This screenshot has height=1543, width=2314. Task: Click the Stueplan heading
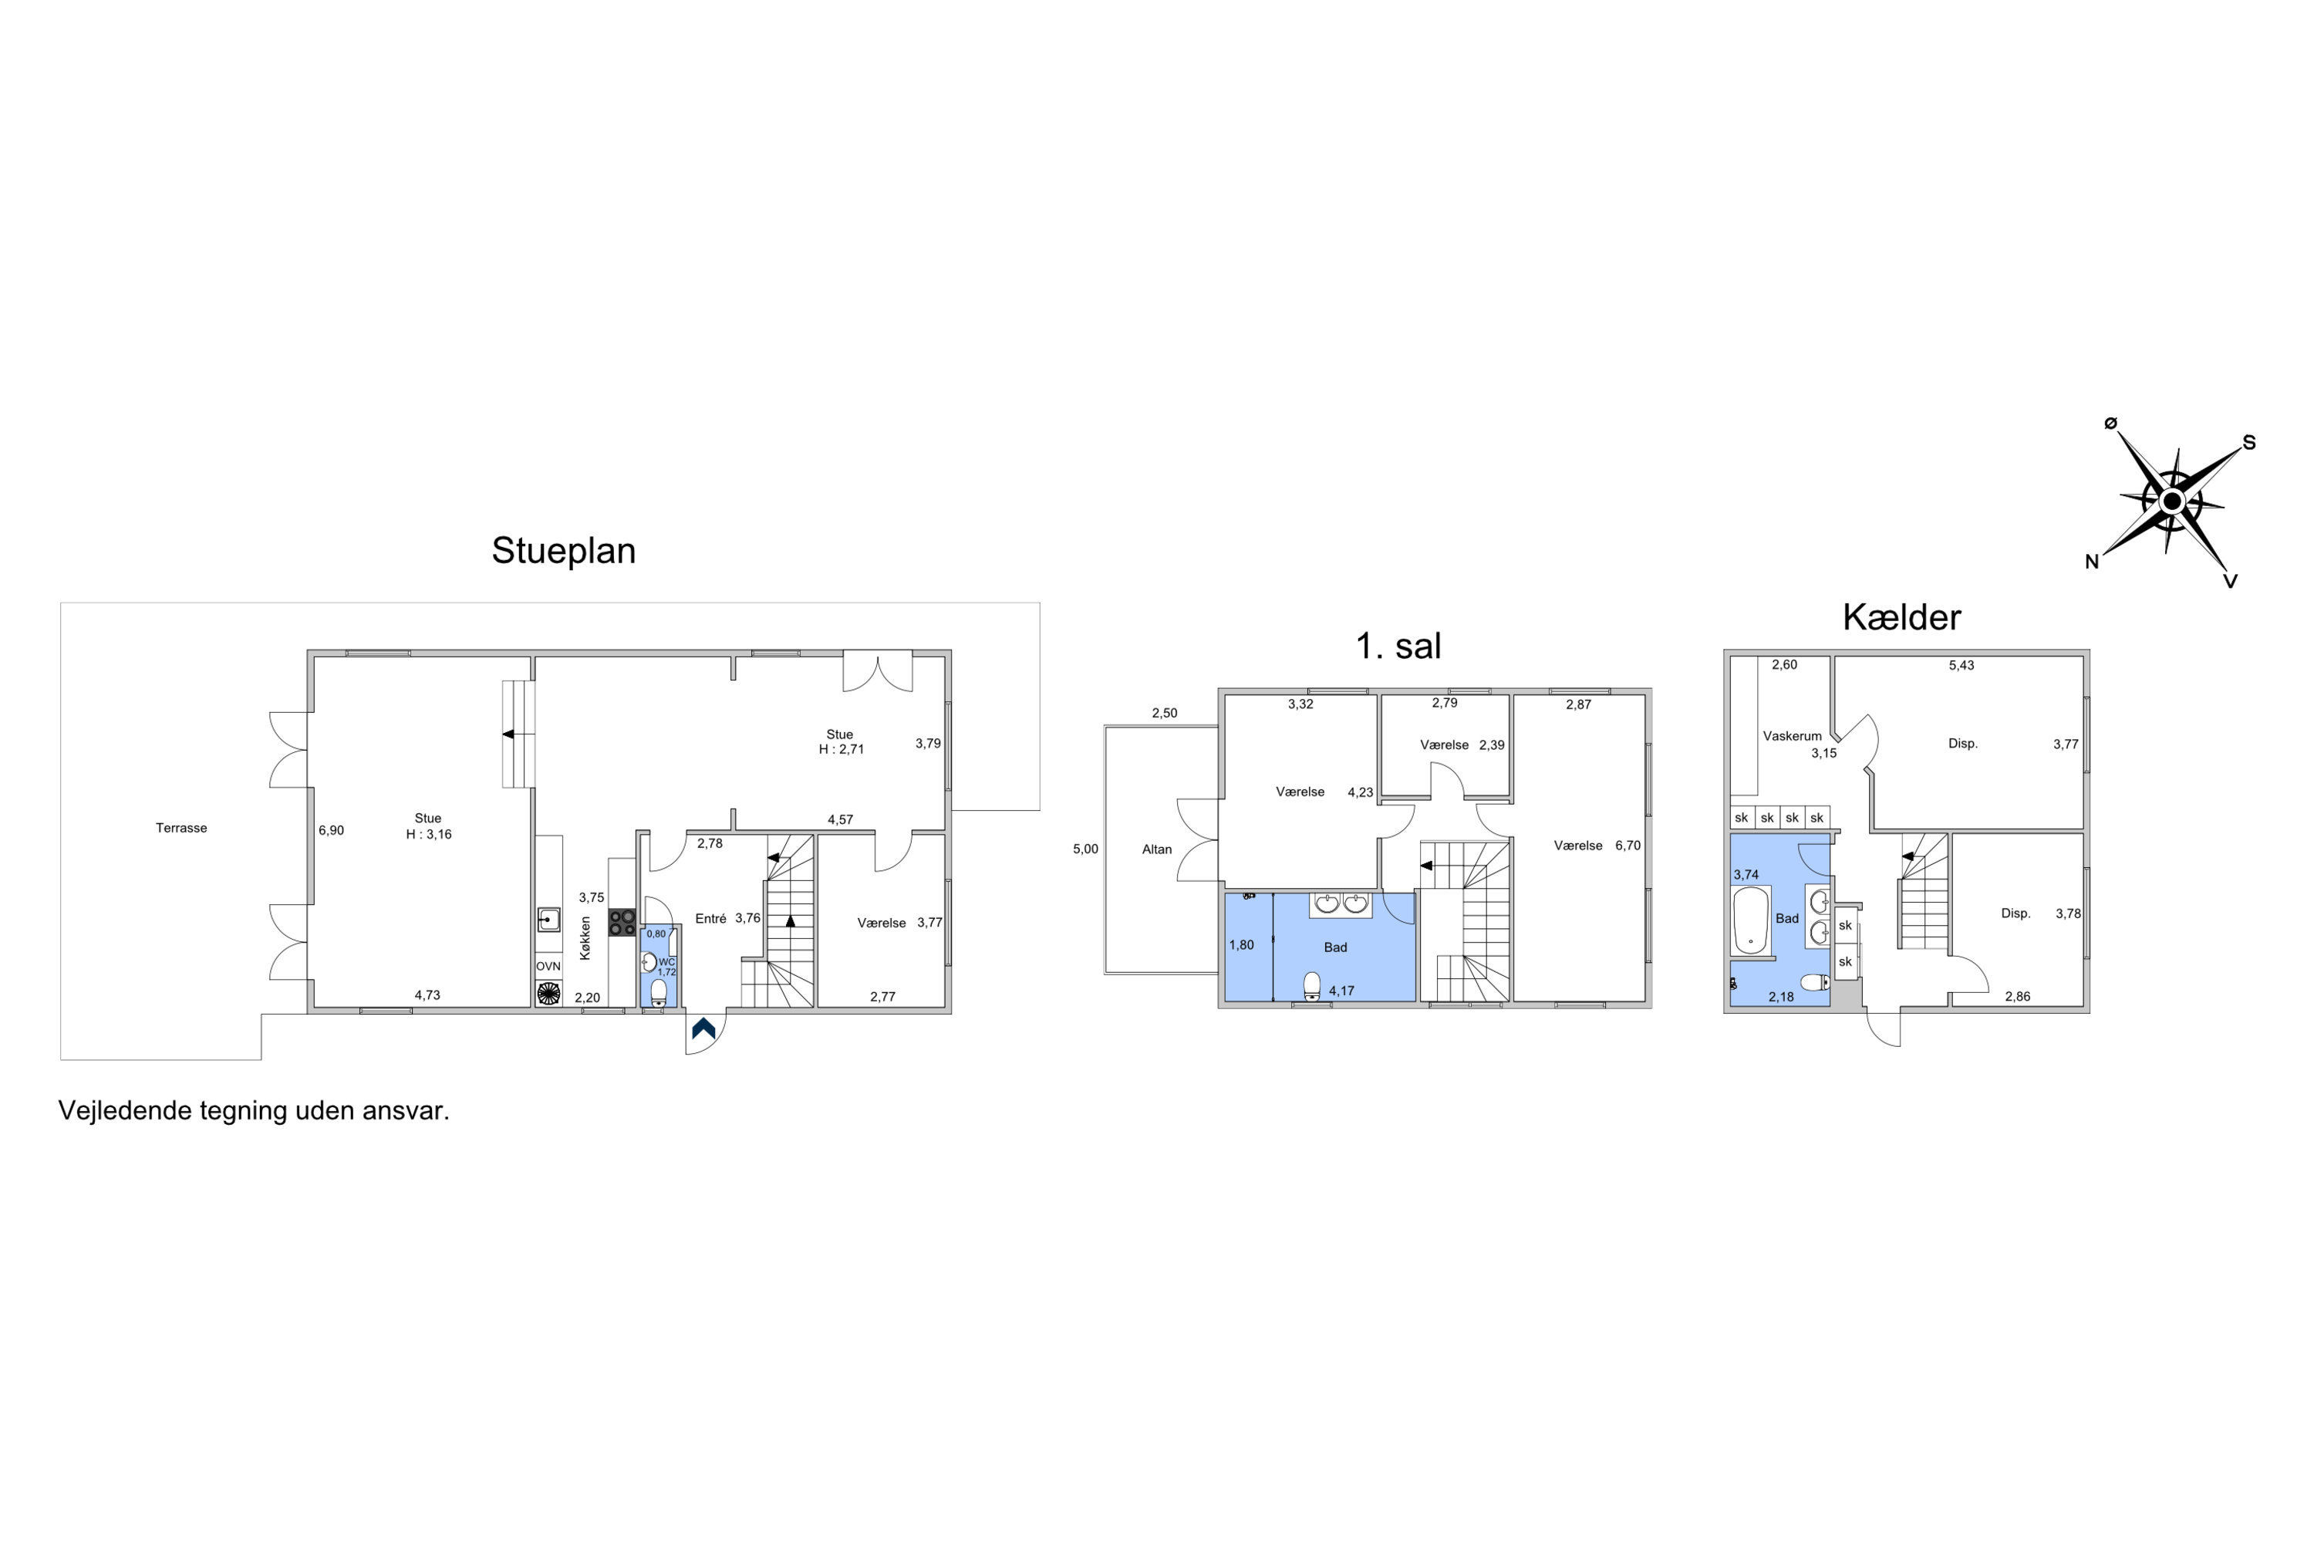[564, 551]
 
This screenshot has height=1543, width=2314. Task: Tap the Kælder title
[1901, 617]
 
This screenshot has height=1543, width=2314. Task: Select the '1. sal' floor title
[1398, 646]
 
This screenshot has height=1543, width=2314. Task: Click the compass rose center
[2172, 502]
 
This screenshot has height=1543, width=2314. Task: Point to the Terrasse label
[181, 828]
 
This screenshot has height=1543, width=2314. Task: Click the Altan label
[1157, 849]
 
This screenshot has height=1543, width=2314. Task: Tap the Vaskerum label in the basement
[1792, 735]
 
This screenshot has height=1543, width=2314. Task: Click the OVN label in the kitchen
[548, 967]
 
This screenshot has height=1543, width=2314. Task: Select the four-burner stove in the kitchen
[622, 922]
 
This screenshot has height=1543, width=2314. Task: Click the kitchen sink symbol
[548, 919]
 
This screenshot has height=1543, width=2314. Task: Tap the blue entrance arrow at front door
[703, 1028]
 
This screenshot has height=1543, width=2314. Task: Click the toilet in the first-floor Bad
[1311, 986]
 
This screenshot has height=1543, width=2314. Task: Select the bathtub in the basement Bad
[1750, 920]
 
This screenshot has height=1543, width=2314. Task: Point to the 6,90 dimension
[332, 831]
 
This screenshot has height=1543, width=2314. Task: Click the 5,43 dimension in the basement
[1961, 665]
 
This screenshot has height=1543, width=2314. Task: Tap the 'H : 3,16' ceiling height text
[429, 835]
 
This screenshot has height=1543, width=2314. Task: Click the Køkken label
[585, 938]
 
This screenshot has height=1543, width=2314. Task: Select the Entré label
[710, 918]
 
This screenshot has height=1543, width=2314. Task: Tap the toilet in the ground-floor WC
[658, 991]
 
